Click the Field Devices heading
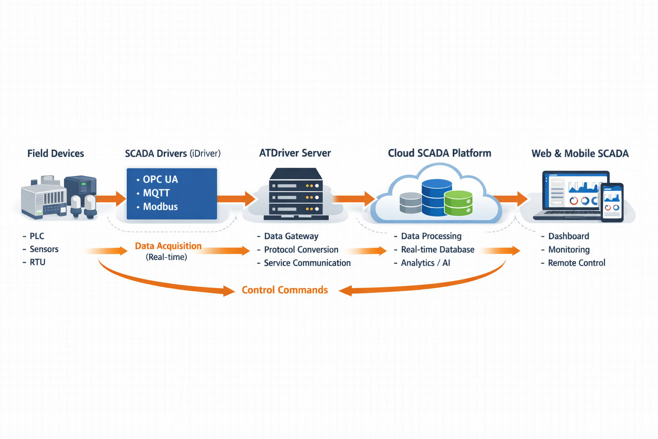click(56, 153)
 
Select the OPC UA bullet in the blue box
click(160, 179)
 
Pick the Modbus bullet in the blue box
click(160, 207)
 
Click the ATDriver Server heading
click(295, 153)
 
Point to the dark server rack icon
click(296, 194)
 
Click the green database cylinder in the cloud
click(458, 203)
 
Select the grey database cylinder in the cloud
click(410, 203)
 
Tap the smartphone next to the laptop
click(612, 202)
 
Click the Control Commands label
click(284, 290)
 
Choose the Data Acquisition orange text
click(168, 246)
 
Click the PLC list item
click(37, 236)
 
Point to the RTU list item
click(37, 262)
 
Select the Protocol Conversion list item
click(301, 250)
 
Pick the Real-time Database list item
click(437, 250)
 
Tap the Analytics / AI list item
click(425, 263)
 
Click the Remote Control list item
click(576, 263)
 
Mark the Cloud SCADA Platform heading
click(439, 153)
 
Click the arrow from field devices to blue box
click(111, 198)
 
